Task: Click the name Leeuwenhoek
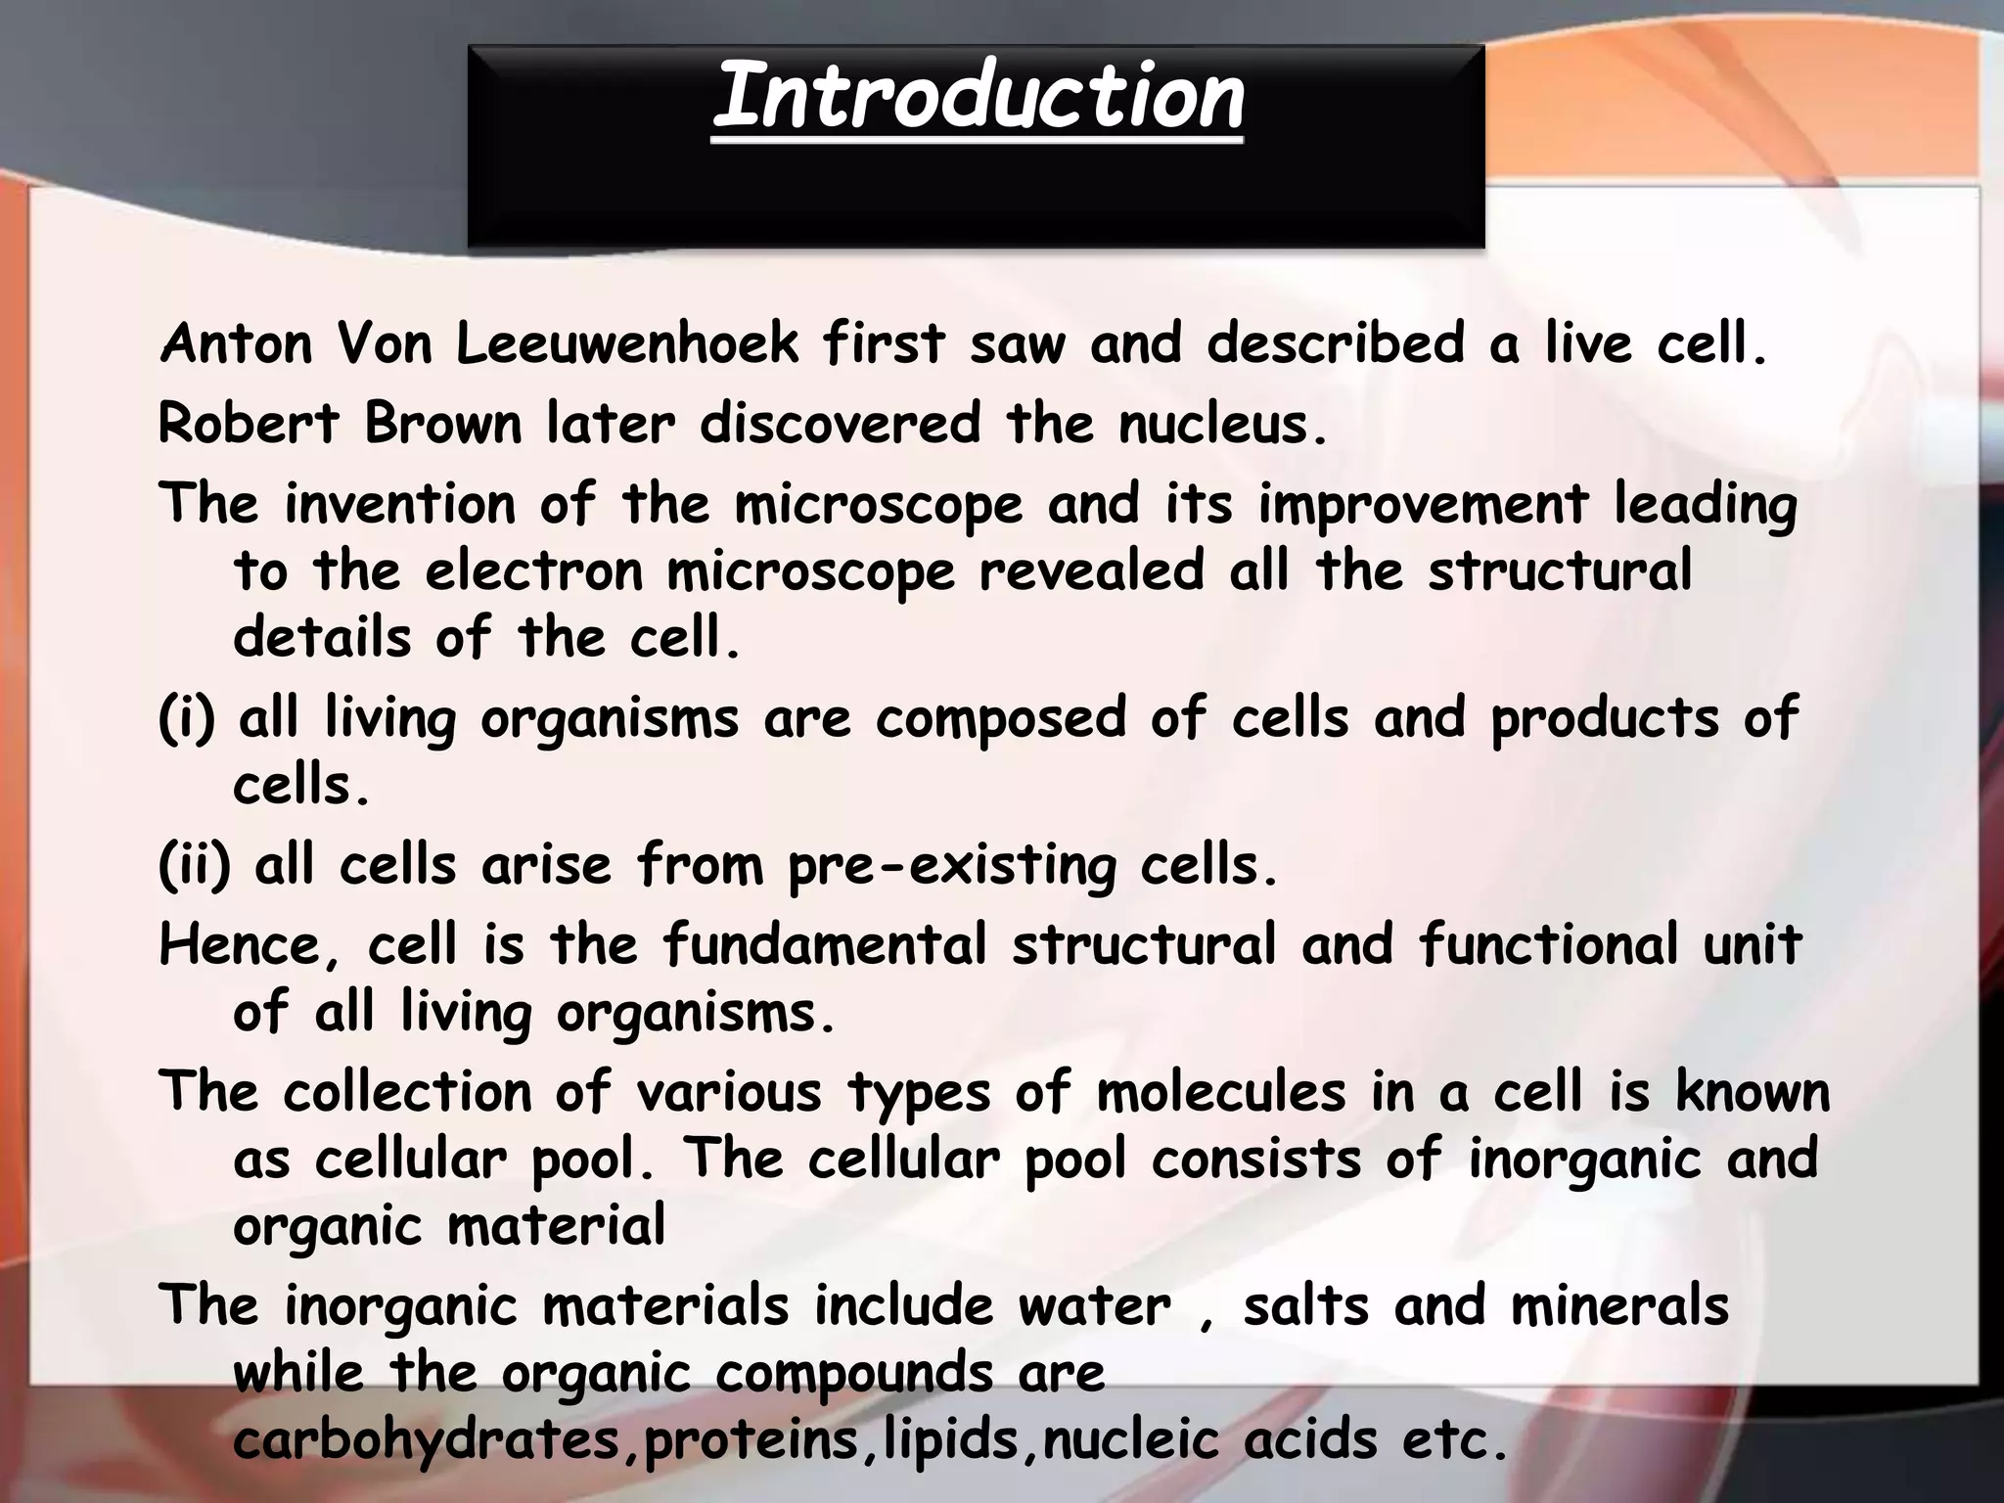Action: tap(627, 344)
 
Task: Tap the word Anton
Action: tap(236, 344)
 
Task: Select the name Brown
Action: tap(443, 425)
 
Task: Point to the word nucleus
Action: tap(1222, 425)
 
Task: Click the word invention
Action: tap(399, 505)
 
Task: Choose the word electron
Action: tap(534, 571)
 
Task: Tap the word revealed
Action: tap(1091, 571)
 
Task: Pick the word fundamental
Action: tap(825, 946)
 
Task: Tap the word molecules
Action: tap(1220, 1093)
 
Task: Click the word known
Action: tap(1752, 1093)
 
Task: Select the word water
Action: tap(1094, 1307)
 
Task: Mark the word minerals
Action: tap(1619, 1307)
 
